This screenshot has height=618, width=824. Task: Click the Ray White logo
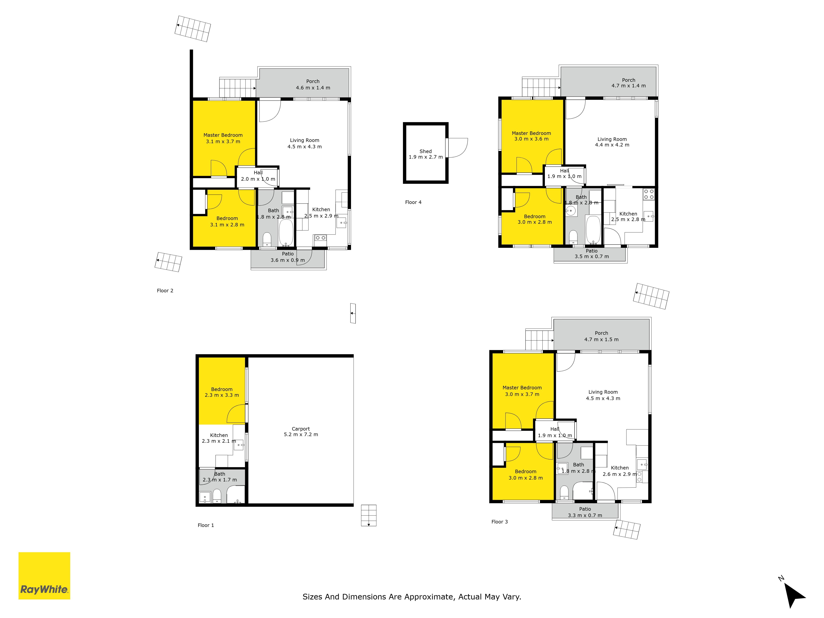tap(44, 576)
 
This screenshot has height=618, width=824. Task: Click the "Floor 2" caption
tap(165, 290)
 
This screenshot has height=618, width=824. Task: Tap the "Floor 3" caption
tap(500, 522)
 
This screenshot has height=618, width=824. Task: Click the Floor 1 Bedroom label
tap(222, 389)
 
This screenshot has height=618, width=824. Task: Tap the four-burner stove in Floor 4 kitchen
tap(649, 194)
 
